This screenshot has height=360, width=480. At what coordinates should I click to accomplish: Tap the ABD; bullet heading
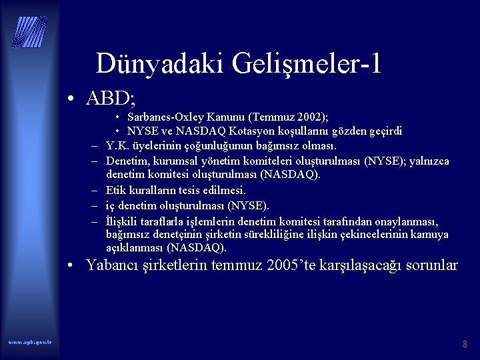coord(111,99)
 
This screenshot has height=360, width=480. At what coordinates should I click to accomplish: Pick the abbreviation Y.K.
coord(118,145)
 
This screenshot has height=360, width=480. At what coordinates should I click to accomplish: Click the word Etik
coord(116,190)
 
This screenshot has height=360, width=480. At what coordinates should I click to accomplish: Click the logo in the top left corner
coord(29,31)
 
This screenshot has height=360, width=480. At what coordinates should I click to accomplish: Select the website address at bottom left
coord(29,342)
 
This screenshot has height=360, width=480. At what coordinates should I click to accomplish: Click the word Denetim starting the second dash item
coord(127,161)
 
